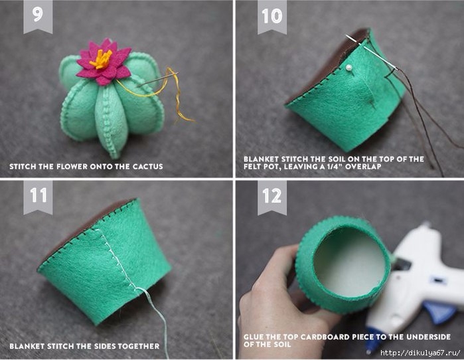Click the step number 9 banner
[38, 17]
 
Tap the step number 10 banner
[272, 17]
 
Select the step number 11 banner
[38, 197]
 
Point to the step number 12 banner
[272, 197]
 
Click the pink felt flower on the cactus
[104, 62]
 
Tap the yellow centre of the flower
[102, 58]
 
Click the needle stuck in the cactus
[158, 79]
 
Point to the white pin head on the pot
[348, 67]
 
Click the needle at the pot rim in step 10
[372, 52]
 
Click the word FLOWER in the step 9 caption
[72, 166]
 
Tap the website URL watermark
[420, 353]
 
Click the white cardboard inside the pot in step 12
[349, 264]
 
